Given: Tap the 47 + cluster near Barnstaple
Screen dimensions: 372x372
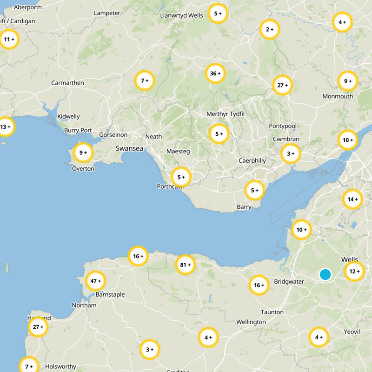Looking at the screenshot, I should [x=96, y=281].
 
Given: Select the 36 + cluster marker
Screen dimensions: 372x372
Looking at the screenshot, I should [x=215, y=73].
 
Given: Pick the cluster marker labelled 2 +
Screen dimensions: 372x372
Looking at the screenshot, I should [x=270, y=29].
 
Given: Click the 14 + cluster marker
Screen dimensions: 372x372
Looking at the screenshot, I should [x=352, y=199].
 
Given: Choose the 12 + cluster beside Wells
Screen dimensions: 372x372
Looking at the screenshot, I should [x=354, y=272].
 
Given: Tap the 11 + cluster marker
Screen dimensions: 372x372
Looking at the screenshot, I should [x=9, y=40].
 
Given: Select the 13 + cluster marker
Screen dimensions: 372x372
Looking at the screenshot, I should [x=6, y=126].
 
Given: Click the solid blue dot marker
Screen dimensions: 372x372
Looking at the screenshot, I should [x=325, y=274].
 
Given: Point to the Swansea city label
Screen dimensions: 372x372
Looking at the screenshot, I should [x=129, y=148].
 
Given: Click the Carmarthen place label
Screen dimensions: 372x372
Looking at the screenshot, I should [x=67, y=83].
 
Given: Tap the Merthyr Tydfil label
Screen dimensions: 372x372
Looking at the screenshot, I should [x=225, y=114].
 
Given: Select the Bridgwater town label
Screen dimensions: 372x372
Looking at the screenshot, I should [x=289, y=282].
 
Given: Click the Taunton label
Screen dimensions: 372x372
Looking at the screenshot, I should [x=272, y=312].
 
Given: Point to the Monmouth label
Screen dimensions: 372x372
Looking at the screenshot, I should [x=338, y=96].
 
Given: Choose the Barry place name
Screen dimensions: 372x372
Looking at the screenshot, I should [x=244, y=207].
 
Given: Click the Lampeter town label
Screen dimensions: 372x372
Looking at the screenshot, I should [x=107, y=13].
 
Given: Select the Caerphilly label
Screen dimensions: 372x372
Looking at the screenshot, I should [x=252, y=160].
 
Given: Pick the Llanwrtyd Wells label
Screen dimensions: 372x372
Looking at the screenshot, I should [x=181, y=15].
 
